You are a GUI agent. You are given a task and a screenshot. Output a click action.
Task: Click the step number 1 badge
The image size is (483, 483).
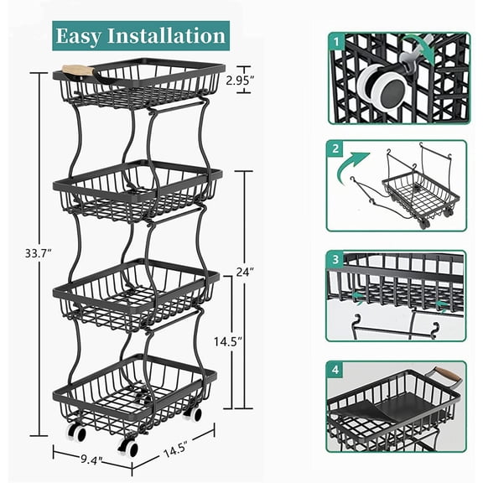click(335, 39)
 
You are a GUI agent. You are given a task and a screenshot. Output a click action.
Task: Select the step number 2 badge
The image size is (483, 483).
click(335, 150)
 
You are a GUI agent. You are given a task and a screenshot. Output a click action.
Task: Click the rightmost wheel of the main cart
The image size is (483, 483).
click(195, 413)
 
